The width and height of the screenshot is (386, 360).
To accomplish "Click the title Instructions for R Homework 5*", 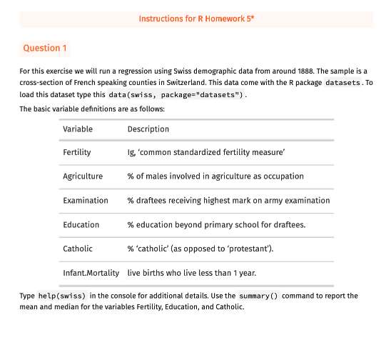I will tap(196, 19).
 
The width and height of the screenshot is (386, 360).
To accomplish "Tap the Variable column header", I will tap(78, 129).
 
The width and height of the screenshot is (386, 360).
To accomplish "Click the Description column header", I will tap(148, 129).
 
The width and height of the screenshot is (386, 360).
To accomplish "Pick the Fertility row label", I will tap(77, 153).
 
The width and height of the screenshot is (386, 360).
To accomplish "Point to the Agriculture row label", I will tap(83, 176).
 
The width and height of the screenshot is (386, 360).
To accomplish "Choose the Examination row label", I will tap(86, 201).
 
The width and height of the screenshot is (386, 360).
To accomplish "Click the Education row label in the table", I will tap(81, 225).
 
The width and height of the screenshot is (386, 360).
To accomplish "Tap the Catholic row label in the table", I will tap(78, 249).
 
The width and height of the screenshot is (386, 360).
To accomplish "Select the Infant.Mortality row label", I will tap(91, 274).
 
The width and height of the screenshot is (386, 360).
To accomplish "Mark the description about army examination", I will tap(228, 201).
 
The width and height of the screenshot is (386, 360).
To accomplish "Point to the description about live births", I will tap(192, 274).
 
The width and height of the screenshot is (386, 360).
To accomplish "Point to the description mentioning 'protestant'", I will tap(200, 249).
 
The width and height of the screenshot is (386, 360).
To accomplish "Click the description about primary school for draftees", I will tap(216, 225).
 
